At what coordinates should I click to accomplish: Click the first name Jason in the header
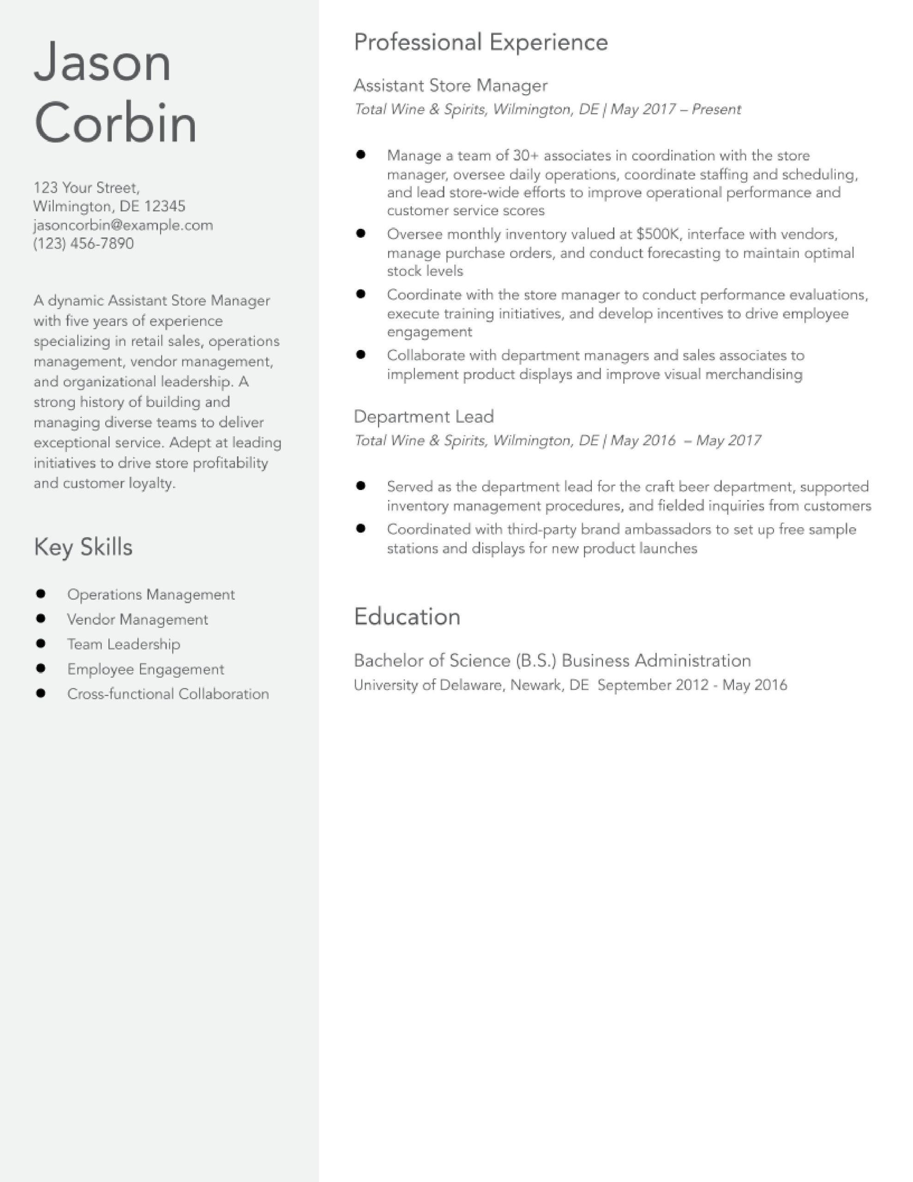[x=102, y=62]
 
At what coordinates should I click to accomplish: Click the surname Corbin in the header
[x=115, y=123]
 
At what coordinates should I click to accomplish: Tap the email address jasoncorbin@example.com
[x=123, y=225]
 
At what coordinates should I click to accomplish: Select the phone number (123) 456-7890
[x=84, y=243]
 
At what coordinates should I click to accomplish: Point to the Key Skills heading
[x=83, y=547]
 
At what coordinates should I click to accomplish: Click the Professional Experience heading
[x=481, y=42]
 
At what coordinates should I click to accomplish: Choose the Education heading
[x=407, y=616]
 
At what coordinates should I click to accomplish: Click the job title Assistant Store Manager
[x=450, y=85]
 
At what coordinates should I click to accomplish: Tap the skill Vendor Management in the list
[x=138, y=619]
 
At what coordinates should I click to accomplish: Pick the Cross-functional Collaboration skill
[x=168, y=694]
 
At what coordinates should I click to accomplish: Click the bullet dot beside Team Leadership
[x=41, y=644]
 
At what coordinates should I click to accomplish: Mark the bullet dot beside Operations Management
[x=41, y=594]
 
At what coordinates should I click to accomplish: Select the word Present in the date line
[x=716, y=109]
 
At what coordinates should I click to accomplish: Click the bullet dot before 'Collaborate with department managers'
[x=361, y=355]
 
